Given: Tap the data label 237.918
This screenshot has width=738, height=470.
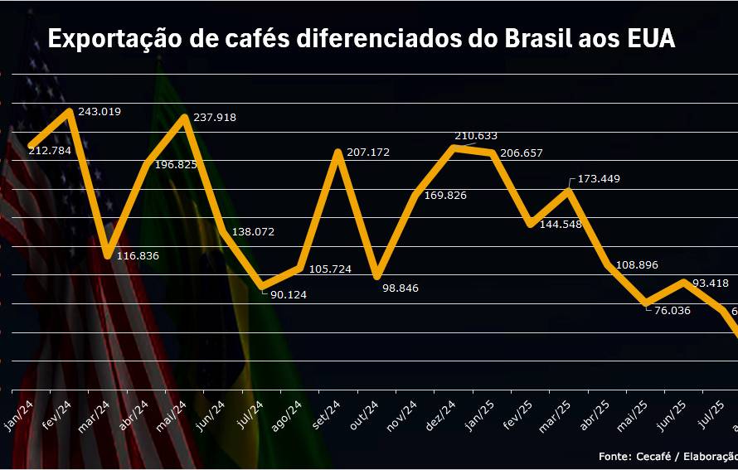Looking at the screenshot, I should [x=215, y=118].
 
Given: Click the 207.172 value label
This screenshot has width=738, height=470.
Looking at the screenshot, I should [x=368, y=153].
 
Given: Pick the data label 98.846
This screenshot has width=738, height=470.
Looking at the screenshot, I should [x=401, y=288].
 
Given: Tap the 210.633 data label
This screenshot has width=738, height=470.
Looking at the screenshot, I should [x=476, y=135].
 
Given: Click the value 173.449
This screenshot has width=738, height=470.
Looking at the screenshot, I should [x=598, y=179].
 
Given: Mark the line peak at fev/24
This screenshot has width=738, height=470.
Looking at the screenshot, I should [x=70, y=110].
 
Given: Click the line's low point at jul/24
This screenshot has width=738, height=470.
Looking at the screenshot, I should [x=262, y=287].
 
